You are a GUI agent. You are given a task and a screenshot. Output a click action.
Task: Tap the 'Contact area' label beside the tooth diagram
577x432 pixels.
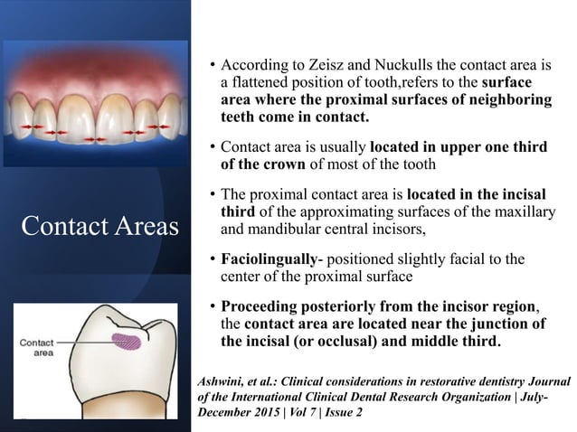38,349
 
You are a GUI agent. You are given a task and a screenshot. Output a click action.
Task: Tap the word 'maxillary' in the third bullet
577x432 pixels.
514,211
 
